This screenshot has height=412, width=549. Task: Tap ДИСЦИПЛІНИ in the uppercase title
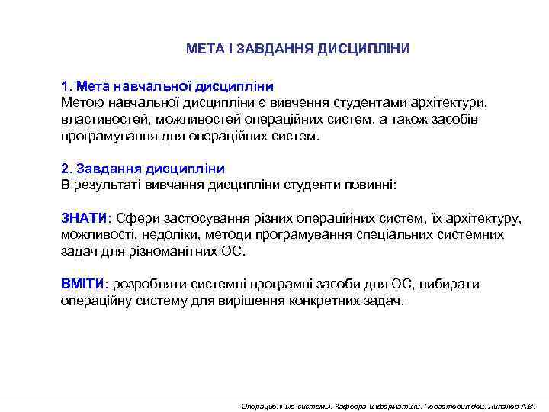click(x=364, y=49)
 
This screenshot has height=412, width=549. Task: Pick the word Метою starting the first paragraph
click(x=80, y=102)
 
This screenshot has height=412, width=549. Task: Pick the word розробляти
click(x=146, y=284)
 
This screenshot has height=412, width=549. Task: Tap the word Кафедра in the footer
click(x=351, y=405)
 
